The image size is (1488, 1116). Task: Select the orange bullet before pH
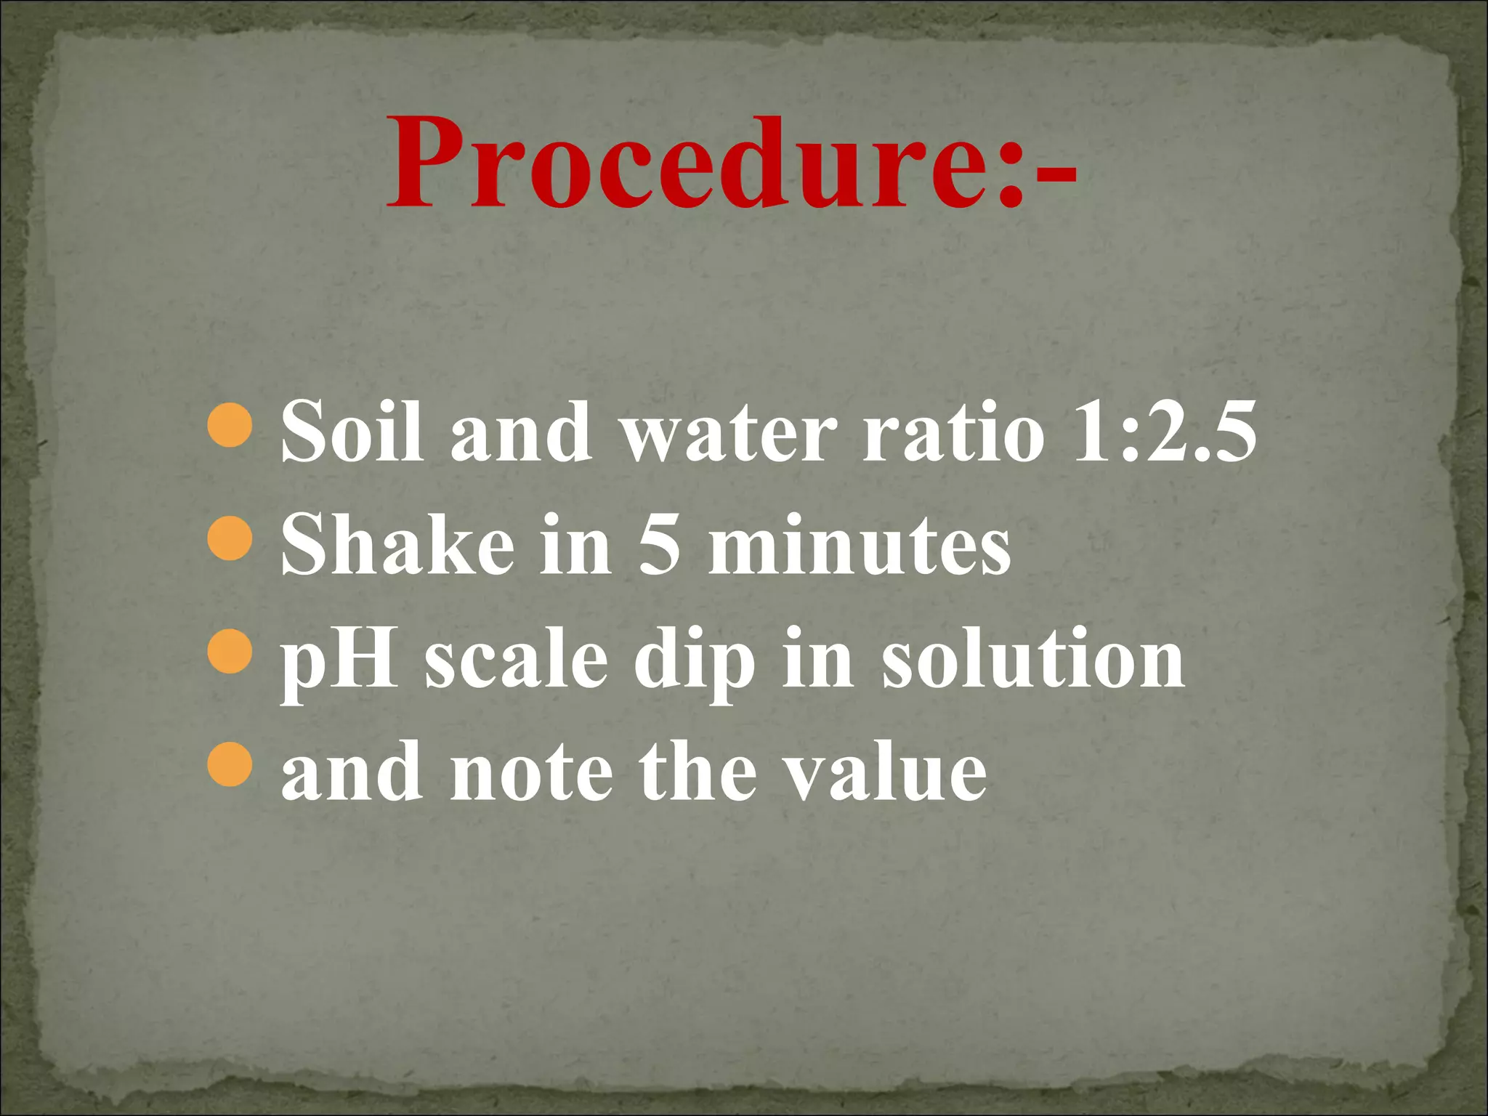click(230, 652)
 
